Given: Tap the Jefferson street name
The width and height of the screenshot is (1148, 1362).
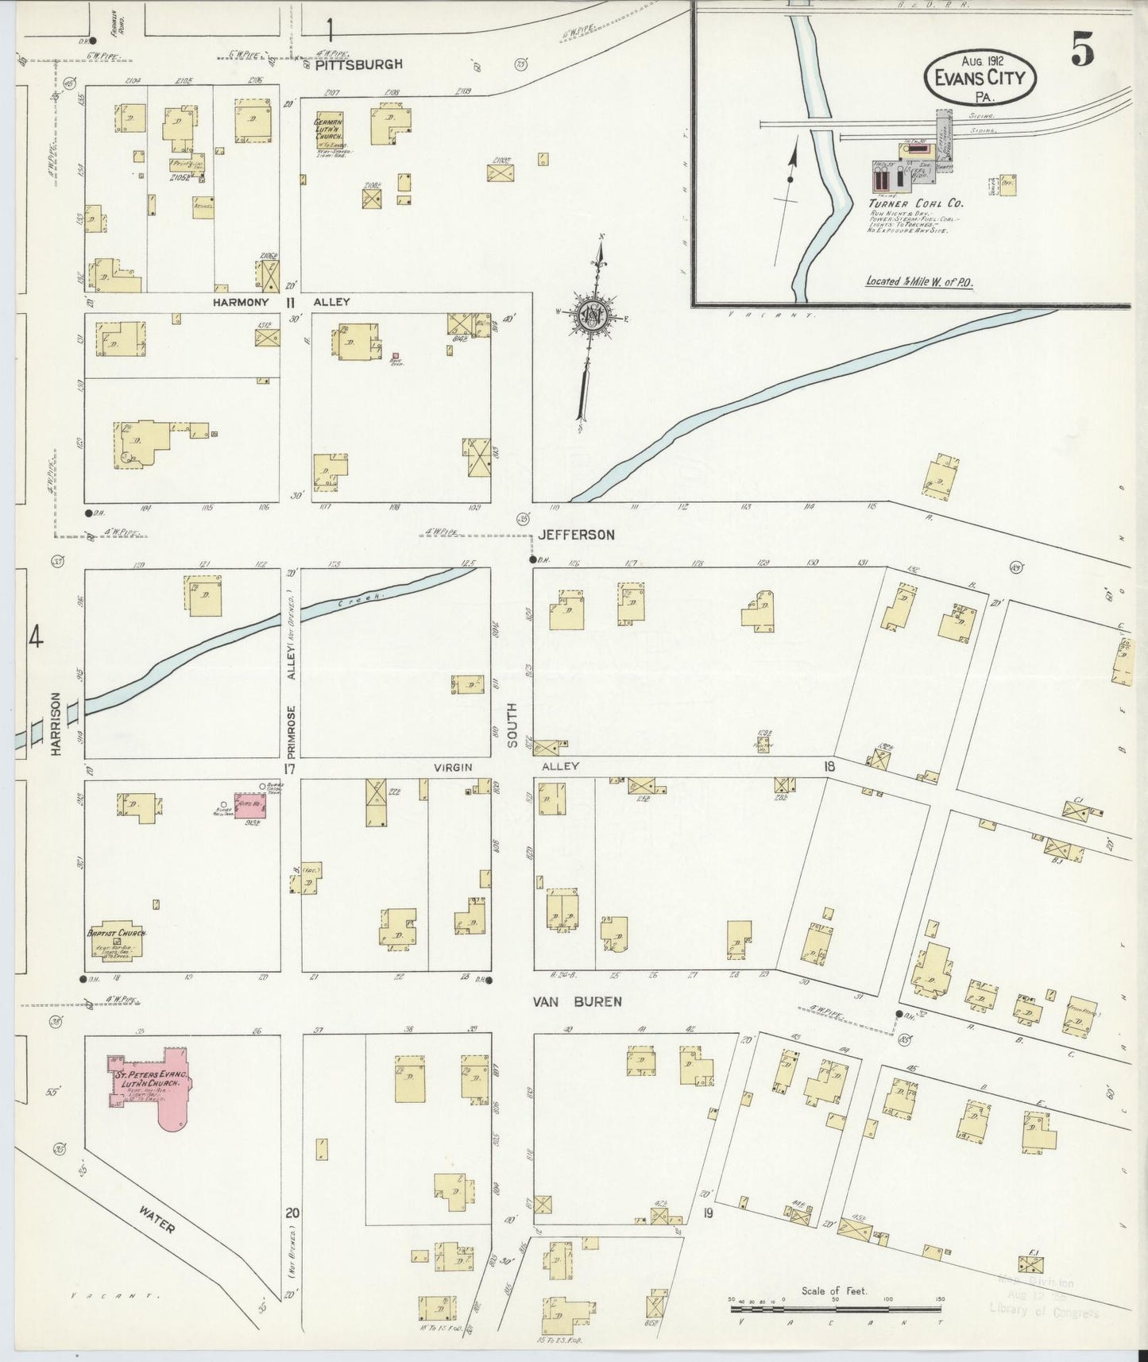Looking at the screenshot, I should click(x=576, y=535).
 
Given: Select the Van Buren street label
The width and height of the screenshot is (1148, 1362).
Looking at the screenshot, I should click(x=577, y=1001).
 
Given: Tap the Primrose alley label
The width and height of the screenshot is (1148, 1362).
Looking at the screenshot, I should click(x=292, y=729).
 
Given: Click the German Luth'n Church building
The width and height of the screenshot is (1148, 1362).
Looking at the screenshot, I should click(x=328, y=132).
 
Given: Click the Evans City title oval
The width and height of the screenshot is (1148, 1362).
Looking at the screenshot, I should click(x=980, y=77).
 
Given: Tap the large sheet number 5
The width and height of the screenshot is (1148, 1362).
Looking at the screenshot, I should click(x=1081, y=52).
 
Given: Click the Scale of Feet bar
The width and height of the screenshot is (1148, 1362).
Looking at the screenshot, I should click(x=835, y=1307).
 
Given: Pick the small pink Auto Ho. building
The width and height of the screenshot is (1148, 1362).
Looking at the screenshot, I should click(x=249, y=804).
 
